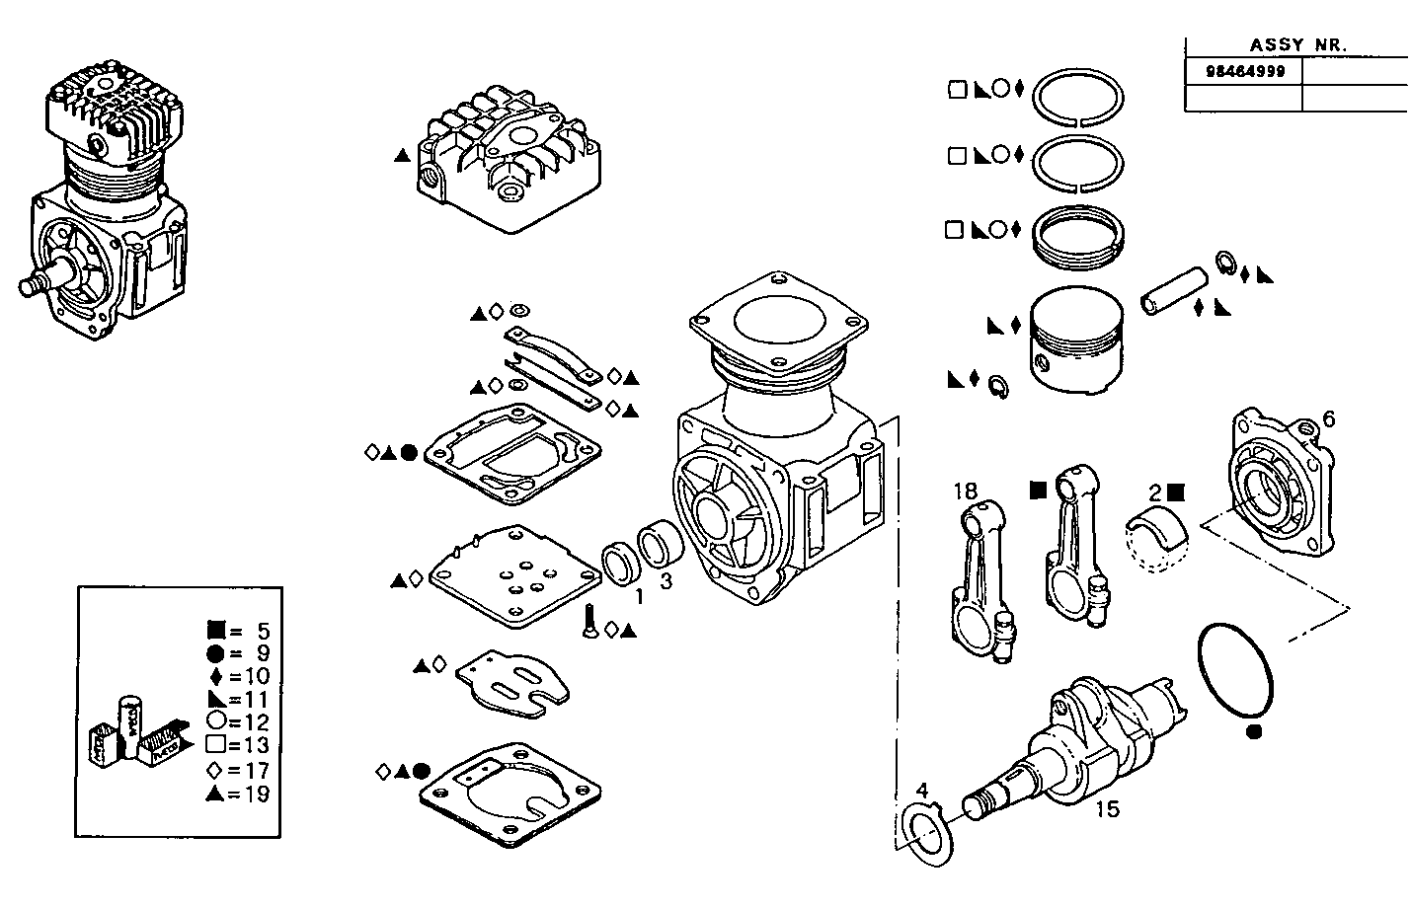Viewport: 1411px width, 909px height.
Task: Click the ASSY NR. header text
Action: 1298,44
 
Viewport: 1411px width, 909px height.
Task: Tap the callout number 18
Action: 965,491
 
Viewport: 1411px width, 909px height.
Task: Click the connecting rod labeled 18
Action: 982,582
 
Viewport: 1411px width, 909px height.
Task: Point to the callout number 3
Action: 666,581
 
